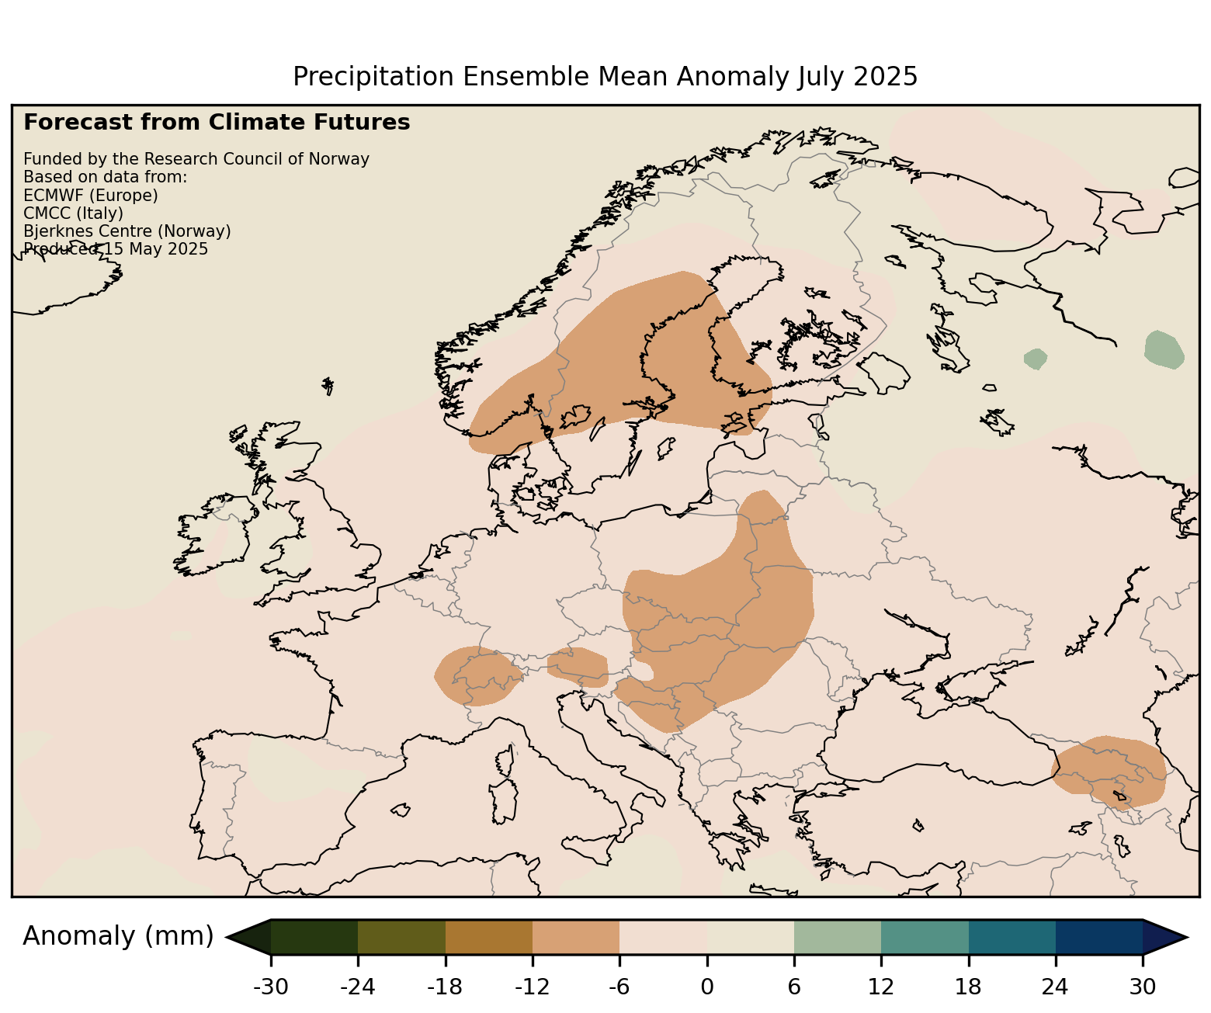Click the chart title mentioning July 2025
(x=605, y=77)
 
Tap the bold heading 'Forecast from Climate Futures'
(x=217, y=123)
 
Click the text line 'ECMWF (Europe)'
(x=91, y=195)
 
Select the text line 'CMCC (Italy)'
(x=74, y=213)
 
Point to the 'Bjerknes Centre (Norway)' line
(x=127, y=231)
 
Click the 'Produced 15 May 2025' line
(x=116, y=249)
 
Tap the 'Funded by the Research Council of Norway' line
(x=196, y=159)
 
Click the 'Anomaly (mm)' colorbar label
(x=118, y=936)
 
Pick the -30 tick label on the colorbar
(x=271, y=987)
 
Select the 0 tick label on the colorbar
(x=706, y=987)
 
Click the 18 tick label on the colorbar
(x=968, y=987)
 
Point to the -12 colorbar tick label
(x=533, y=987)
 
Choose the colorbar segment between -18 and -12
(x=489, y=937)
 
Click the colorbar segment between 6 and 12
(x=838, y=937)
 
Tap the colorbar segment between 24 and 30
(x=1098, y=937)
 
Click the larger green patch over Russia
(x=1164, y=349)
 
